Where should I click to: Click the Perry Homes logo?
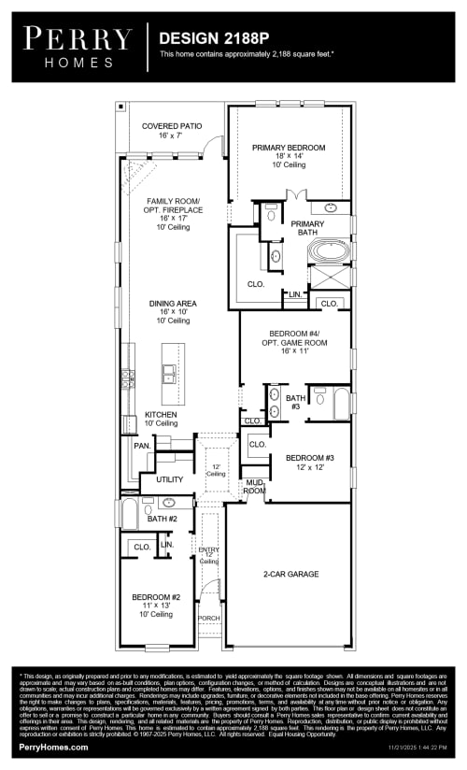tap(78, 44)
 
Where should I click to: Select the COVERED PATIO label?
tap(172, 126)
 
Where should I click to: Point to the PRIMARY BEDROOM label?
tap(289, 148)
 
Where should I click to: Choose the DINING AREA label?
tap(173, 304)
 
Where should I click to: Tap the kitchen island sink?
tap(169, 374)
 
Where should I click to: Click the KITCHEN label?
tap(161, 414)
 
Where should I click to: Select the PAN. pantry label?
tap(142, 446)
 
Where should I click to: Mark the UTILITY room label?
tap(169, 479)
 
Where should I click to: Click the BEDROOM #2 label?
tap(156, 596)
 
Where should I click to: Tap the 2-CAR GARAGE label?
tap(290, 574)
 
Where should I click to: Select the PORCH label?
tap(208, 619)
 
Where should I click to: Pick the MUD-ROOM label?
tap(255, 486)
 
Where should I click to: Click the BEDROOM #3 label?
tap(297, 457)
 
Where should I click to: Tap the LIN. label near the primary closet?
tap(294, 294)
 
